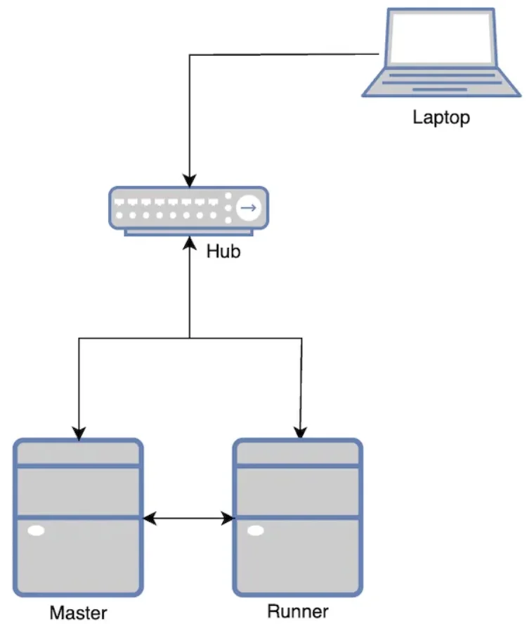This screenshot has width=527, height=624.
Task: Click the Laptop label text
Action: click(x=441, y=117)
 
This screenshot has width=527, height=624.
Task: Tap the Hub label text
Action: click(x=223, y=251)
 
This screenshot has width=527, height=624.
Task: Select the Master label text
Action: click(x=78, y=613)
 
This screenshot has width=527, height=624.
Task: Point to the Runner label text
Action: click(x=298, y=611)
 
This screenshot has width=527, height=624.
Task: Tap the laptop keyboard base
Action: click(x=440, y=80)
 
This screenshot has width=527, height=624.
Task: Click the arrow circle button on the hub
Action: click(x=247, y=207)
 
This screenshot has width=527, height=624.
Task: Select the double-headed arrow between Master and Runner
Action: click(x=188, y=519)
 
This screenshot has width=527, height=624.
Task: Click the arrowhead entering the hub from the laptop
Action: click(x=188, y=181)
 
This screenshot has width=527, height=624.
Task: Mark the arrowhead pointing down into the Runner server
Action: click(x=301, y=433)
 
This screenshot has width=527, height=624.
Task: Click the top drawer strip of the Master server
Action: click(x=78, y=453)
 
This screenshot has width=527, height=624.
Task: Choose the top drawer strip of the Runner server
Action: click(x=298, y=453)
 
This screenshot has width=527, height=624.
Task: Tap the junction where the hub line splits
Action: click(x=189, y=339)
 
